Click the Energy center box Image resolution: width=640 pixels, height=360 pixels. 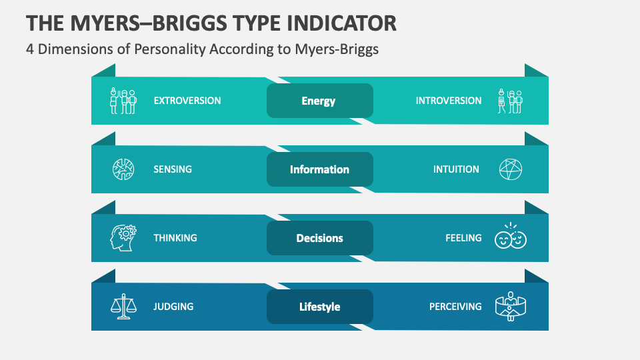319,101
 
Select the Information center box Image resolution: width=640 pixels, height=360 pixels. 319,169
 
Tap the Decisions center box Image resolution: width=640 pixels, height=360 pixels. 319,238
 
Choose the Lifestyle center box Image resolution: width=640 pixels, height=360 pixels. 319,307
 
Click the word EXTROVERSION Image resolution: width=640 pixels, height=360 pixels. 187,101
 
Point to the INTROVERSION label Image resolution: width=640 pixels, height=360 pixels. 448,101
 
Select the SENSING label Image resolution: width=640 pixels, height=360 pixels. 173,169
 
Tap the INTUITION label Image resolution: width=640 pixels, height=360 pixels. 456,169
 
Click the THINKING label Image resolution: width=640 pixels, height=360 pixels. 175,238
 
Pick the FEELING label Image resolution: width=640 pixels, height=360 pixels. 463,238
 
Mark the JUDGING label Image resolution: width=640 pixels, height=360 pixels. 173,307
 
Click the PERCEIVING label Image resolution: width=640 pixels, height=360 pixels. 455,307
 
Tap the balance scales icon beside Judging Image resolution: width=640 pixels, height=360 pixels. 123,306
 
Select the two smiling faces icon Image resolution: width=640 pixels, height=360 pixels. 511,237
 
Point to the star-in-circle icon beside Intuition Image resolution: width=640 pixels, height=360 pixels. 511,169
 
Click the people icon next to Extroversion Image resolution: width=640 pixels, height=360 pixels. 123,101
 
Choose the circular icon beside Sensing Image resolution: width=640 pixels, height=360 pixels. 123,169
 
